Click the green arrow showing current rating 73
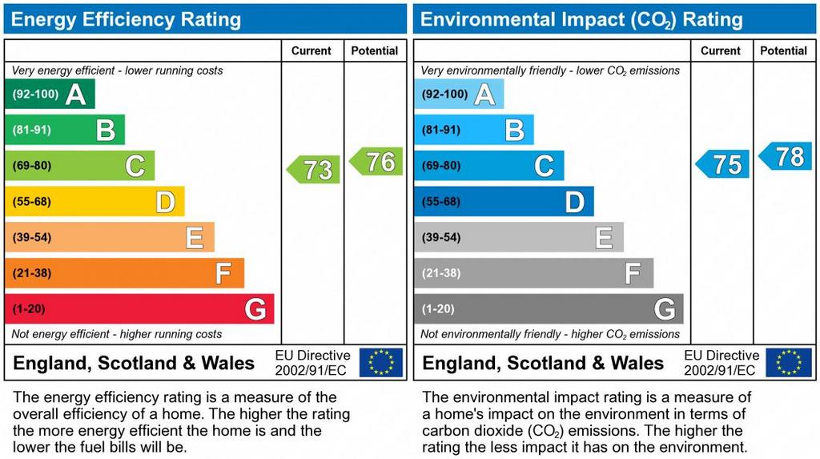314,169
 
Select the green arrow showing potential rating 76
377,162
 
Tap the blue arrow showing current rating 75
723,164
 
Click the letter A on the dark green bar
75,95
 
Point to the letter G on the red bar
255,309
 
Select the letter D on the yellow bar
165,202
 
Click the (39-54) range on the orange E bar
31,237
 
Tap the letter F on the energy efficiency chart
223,274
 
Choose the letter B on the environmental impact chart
515,130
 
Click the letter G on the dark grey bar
664,309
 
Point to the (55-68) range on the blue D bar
441,202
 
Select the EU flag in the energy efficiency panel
381,362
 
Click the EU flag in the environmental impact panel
789,362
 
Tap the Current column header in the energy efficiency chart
312,50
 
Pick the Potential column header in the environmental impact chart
783,50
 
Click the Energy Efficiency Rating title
126,19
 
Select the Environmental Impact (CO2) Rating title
581,19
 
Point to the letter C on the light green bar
135,167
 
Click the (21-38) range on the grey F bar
441,273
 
